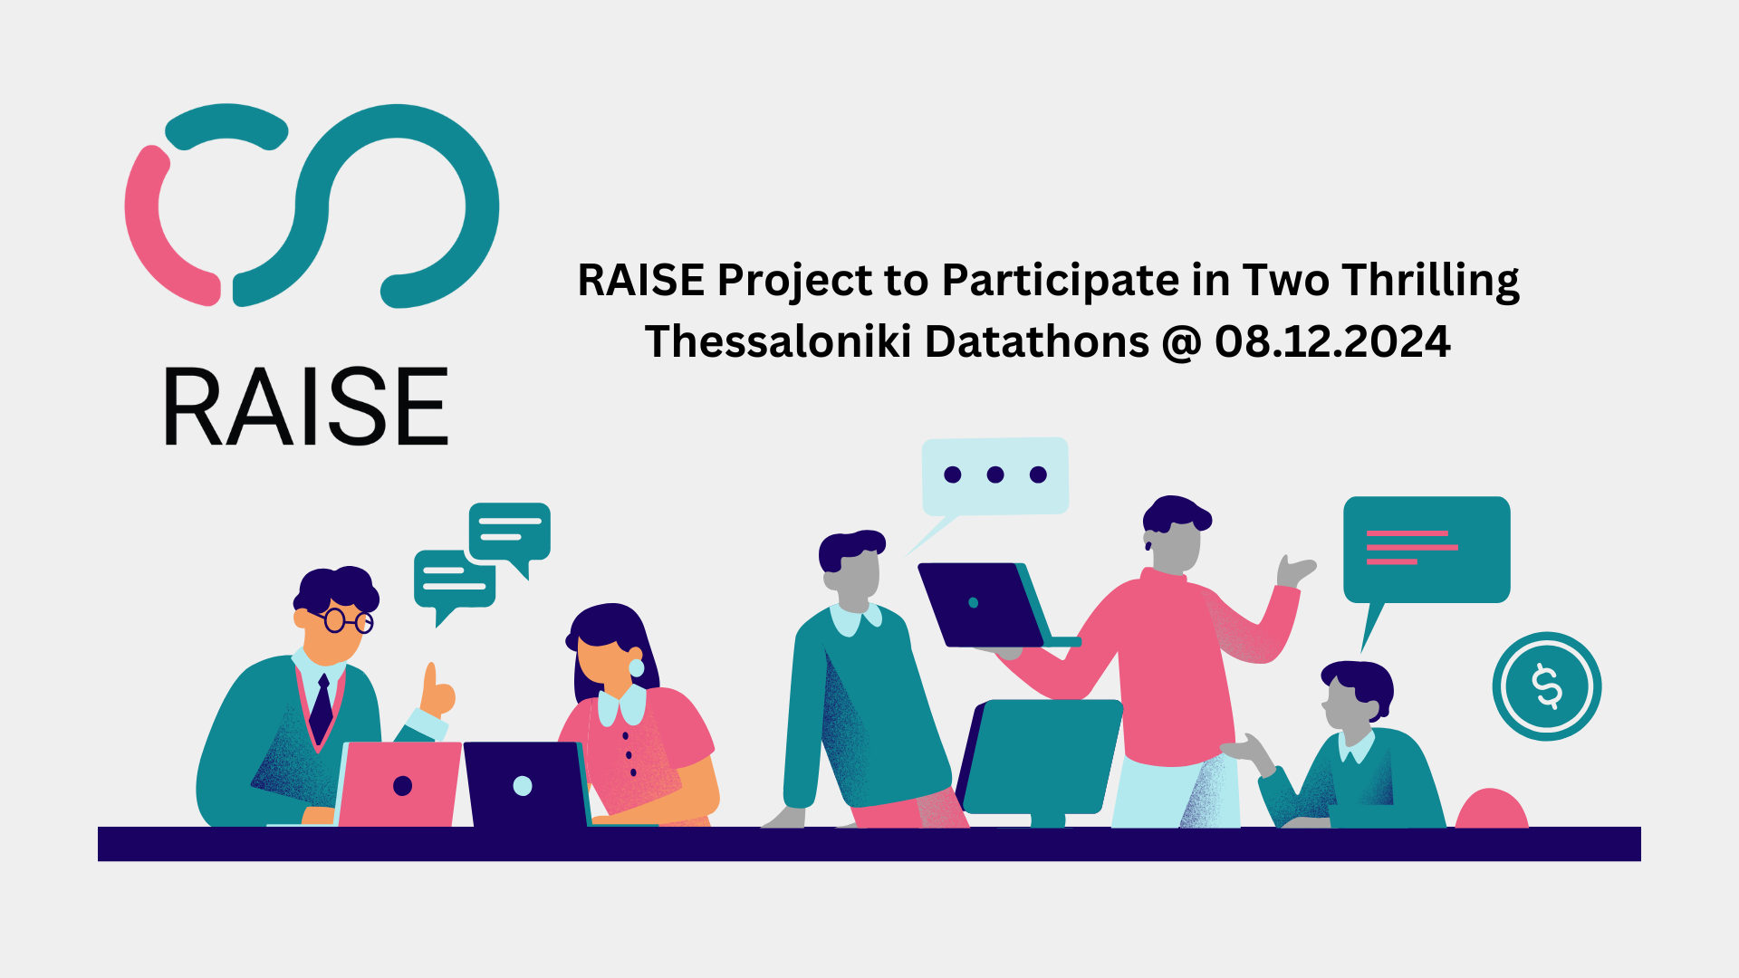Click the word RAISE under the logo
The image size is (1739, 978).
pos(306,407)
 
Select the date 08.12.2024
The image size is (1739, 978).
pos(1332,341)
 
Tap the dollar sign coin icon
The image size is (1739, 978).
pos(1547,686)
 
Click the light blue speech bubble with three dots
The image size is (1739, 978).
pos(994,477)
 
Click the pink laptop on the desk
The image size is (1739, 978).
pos(399,784)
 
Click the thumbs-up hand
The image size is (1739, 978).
pos(437,691)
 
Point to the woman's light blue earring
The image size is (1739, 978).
pos(636,667)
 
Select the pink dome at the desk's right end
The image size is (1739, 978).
pos(1492,808)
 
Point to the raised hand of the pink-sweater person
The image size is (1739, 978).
pos(1294,571)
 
